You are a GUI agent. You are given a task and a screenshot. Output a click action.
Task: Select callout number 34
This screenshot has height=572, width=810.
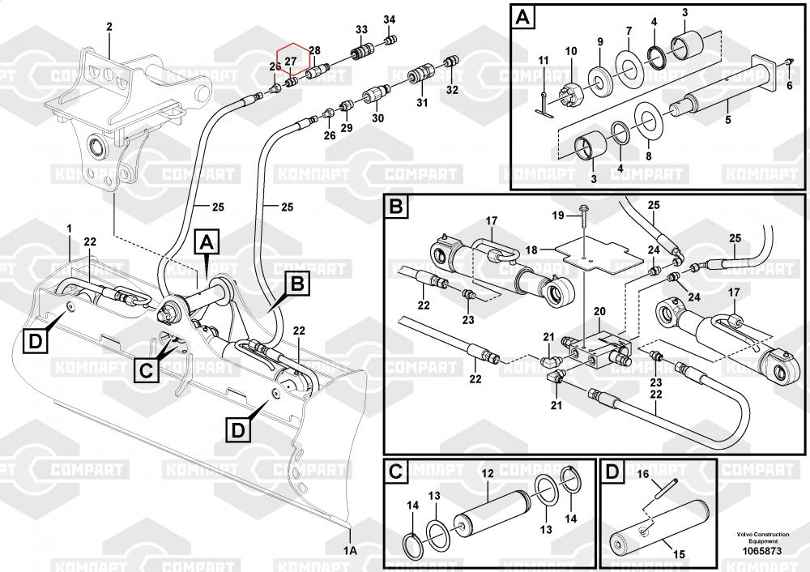pyautogui.click(x=390, y=19)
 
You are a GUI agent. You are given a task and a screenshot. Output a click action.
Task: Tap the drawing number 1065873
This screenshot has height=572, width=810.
pyautogui.click(x=761, y=551)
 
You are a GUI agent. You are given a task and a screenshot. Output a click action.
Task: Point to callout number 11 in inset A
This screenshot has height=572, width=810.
pyautogui.click(x=544, y=60)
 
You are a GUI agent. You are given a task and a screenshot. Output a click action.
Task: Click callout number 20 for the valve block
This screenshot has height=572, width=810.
pyautogui.click(x=599, y=312)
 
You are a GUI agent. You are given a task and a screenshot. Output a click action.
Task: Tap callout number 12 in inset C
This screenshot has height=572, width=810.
pyautogui.click(x=488, y=474)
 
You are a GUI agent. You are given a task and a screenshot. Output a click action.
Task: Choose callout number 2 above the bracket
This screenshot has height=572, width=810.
pyautogui.click(x=109, y=27)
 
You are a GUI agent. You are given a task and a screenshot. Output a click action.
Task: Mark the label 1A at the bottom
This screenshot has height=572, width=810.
pyautogui.click(x=351, y=550)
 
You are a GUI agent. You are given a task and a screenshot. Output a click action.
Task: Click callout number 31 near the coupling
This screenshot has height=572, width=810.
pyautogui.click(x=421, y=102)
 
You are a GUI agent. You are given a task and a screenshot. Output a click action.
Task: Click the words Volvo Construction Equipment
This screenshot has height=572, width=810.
pyautogui.click(x=761, y=538)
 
